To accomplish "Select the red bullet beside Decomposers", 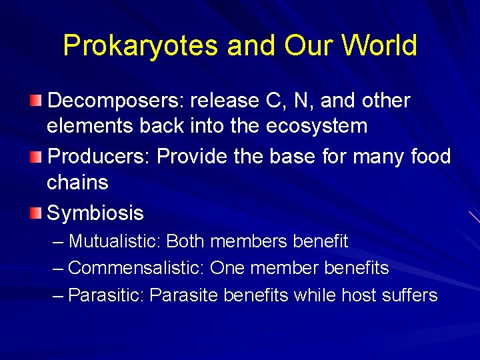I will (39, 101).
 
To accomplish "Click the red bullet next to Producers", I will (39, 157).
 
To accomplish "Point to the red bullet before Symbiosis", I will (39, 213).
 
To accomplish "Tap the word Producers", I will (99, 157).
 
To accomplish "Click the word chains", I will (77, 182).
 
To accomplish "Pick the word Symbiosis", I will (95, 213).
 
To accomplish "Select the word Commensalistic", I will (136, 268).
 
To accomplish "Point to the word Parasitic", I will (107, 295).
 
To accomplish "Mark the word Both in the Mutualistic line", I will (187, 241).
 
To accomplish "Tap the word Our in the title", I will (303, 45).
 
